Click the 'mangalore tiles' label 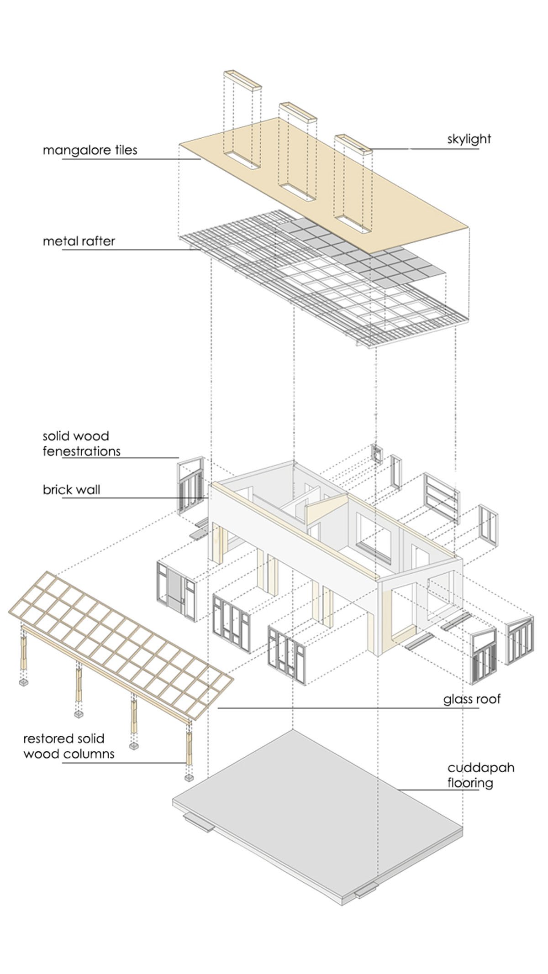(90, 150)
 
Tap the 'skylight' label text (469, 139)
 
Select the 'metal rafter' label (79, 241)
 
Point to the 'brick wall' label (71, 490)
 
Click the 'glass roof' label (472, 699)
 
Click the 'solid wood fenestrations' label (81, 444)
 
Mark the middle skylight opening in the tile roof (297, 191)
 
